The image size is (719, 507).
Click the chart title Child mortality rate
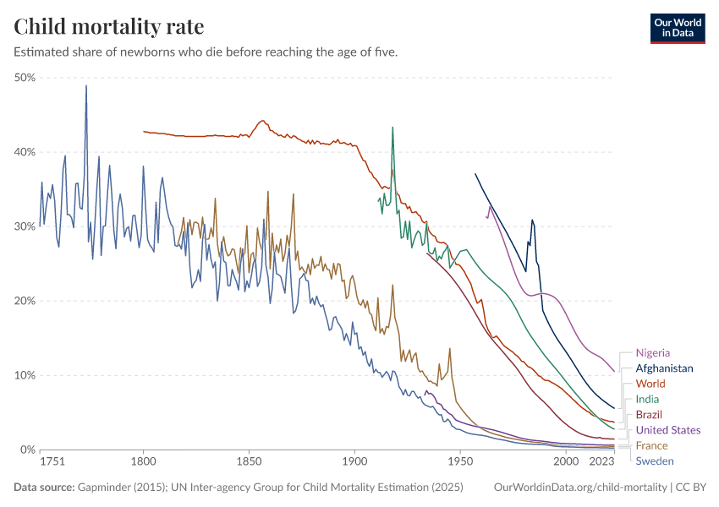(x=108, y=26)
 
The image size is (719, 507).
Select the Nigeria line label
(x=653, y=352)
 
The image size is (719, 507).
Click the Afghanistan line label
(x=664, y=368)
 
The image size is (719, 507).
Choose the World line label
(x=650, y=384)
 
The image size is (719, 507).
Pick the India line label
(x=647, y=399)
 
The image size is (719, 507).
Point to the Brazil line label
(x=649, y=415)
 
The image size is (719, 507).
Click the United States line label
(x=668, y=430)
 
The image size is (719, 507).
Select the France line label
(x=651, y=445)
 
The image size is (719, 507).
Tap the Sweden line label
(x=655, y=461)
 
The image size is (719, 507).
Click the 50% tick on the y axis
(x=25, y=78)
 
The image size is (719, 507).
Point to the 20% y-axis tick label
(x=25, y=301)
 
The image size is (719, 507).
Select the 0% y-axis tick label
(x=27, y=450)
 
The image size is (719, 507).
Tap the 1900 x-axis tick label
(x=354, y=462)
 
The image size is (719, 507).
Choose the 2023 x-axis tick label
(x=601, y=462)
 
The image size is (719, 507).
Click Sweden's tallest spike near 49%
(x=85, y=85)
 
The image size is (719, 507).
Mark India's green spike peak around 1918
(x=392, y=128)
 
